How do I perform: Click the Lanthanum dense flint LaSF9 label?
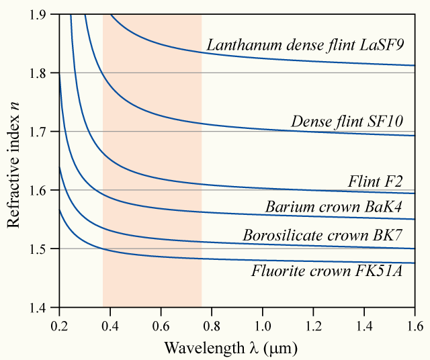(x=306, y=46)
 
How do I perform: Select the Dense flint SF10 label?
(x=347, y=122)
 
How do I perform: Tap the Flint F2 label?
(x=375, y=181)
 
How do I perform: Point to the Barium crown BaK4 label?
(x=333, y=207)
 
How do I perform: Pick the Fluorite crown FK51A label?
(x=327, y=272)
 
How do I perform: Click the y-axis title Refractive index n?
(x=14, y=161)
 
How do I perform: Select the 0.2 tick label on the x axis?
(x=60, y=326)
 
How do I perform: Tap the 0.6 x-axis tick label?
(x=161, y=326)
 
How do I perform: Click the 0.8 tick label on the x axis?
(x=212, y=326)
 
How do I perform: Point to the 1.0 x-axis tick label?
(x=263, y=326)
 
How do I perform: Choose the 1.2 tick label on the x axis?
(x=313, y=326)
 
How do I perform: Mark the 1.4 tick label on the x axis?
(x=364, y=326)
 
